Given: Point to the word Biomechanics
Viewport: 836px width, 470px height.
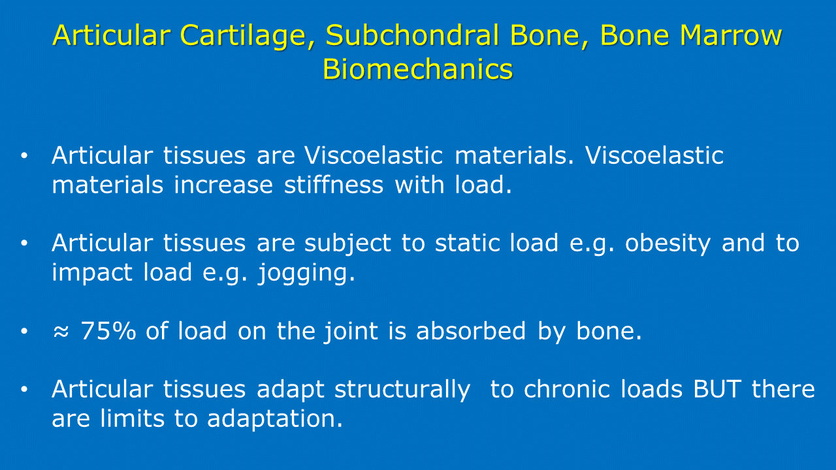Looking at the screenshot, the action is click(x=417, y=69).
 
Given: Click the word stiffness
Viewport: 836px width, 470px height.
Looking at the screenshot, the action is click(x=334, y=184).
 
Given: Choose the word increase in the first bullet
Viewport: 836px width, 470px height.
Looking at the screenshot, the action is click(x=223, y=185).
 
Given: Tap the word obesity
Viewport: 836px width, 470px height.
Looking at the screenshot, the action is click(x=667, y=245).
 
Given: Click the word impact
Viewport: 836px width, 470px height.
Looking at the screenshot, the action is click(x=92, y=272).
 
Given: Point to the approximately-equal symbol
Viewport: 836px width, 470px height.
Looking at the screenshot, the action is click(x=61, y=331).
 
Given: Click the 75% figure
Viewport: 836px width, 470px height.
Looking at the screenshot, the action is click(x=108, y=331).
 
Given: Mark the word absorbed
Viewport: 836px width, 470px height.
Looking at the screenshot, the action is click(x=471, y=330).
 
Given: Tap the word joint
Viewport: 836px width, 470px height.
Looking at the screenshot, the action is click(x=351, y=333).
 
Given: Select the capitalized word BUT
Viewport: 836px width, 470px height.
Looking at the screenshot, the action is click(x=717, y=390).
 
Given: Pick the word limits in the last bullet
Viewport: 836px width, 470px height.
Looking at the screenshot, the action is click(x=132, y=418).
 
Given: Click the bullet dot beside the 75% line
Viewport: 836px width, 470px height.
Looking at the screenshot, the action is click(x=24, y=331).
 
